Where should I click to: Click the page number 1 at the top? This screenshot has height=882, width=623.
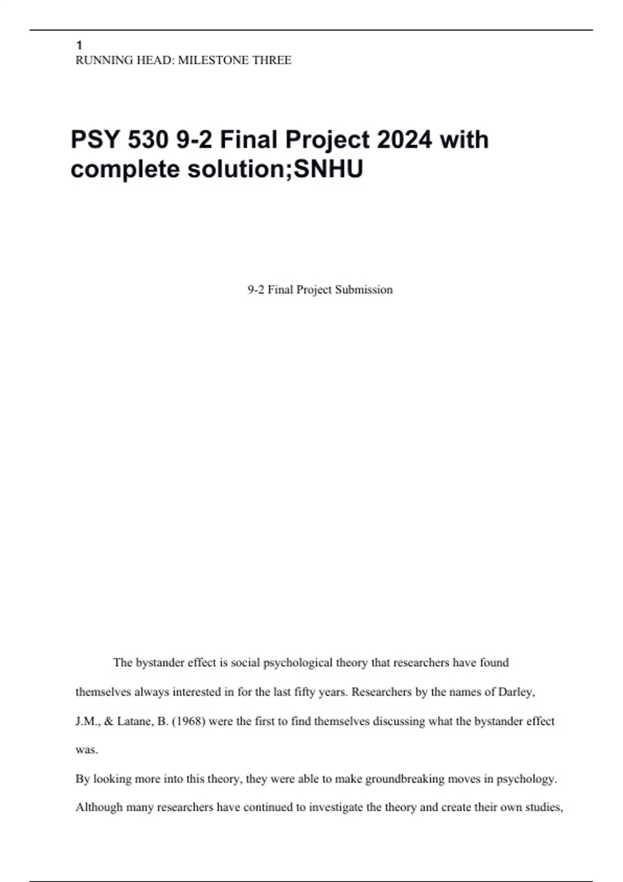(79, 46)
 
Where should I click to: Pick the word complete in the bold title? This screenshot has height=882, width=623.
(125, 169)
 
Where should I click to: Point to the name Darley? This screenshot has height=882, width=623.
(516, 692)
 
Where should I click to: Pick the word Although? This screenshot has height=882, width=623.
(98, 807)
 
